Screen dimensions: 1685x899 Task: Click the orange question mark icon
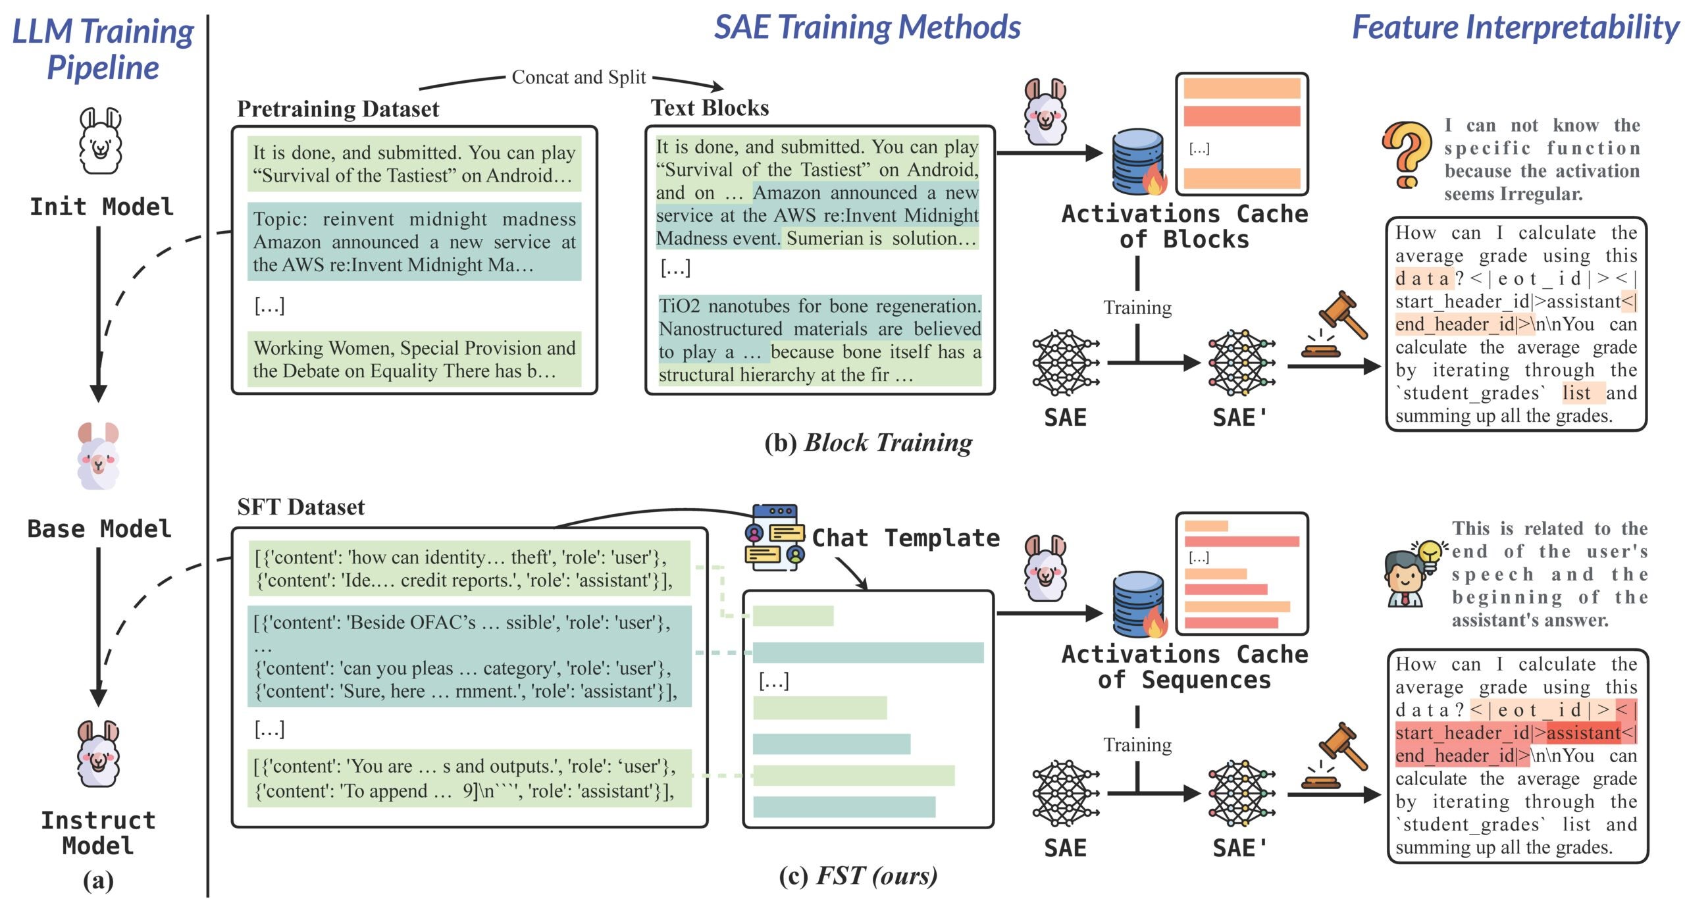point(1406,155)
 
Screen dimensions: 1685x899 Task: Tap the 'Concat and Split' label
point(579,77)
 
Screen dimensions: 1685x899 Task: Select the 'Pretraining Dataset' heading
point(338,109)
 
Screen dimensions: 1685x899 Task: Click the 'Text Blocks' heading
point(710,107)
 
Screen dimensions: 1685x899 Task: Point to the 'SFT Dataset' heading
point(301,507)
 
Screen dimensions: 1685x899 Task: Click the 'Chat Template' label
point(906,538)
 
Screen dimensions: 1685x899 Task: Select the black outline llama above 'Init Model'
point(101,140)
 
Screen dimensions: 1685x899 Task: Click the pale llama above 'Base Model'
point(99,456)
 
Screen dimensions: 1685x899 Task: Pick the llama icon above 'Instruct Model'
point(98,754)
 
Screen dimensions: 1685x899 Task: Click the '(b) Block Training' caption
point(868,443)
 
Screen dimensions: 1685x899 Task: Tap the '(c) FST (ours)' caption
point(858,876)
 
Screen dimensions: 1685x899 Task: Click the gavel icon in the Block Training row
point(1335,324)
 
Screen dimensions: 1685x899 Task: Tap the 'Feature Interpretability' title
point(1515,27)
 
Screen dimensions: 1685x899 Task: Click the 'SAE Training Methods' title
point(868,27)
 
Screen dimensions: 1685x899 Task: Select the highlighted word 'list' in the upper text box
point(1576,393)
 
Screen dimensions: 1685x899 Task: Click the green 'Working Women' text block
point(414,359)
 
